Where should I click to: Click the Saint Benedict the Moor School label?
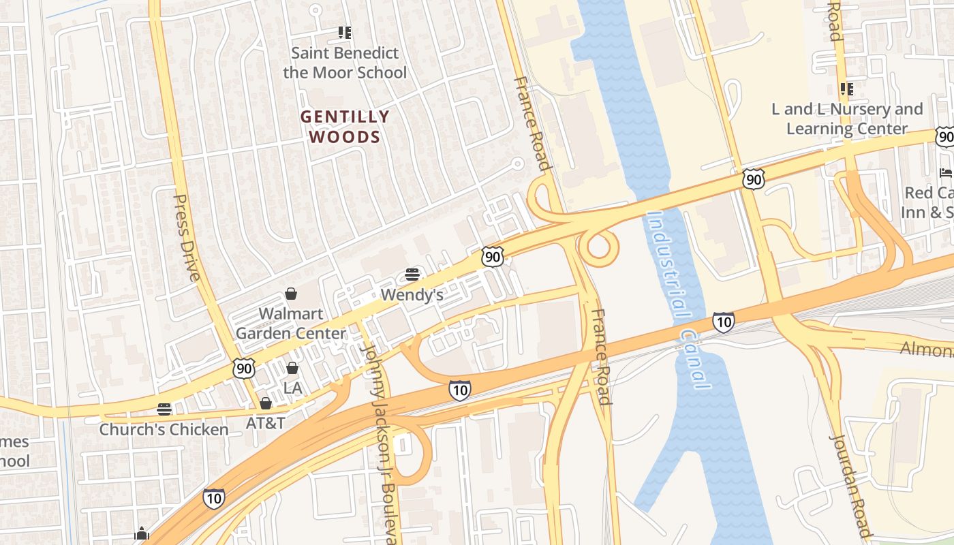tap(345, 63)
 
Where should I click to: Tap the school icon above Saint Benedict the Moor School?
tap(345, 32)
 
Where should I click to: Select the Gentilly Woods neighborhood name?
tap(345, 127)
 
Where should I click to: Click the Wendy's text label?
tap(412, 295)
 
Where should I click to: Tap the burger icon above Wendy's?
tap(412, 275)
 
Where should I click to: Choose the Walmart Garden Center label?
tap(290, 324)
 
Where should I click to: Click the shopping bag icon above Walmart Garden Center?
tap(291, 294)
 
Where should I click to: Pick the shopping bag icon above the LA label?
tap(292, 368)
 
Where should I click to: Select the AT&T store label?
tap(265, 423)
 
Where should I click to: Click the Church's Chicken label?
tap(164, 430)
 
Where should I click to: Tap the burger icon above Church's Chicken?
tap(164, 409)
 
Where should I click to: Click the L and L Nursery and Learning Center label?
tap(847, 119)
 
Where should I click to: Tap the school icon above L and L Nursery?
tap(847, 89)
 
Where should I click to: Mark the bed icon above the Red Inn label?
tap(946, 172)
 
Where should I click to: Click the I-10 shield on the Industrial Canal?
tap(724, 322)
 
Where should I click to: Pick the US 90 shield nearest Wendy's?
tap(492, 256)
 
